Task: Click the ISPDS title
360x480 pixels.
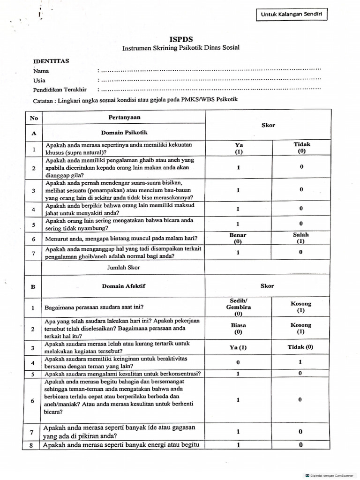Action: [x=180, y=39]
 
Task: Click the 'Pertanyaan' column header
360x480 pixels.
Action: [x=125, y=117]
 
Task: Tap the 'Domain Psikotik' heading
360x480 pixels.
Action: [x=125, y=133]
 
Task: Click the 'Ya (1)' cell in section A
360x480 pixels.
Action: [x=239, y=149]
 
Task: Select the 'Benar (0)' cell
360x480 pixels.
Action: [x=238, y=238]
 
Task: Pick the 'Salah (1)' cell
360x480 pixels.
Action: [x=301, y=238]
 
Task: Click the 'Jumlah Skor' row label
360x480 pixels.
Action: [x=124, y=267]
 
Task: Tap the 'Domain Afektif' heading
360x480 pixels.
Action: [x=124, y=286]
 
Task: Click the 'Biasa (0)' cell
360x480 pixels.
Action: [x=239, y=328]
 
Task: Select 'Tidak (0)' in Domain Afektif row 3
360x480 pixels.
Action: [x=300, y=347]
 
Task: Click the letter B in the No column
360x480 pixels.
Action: [x=33, y=286]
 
